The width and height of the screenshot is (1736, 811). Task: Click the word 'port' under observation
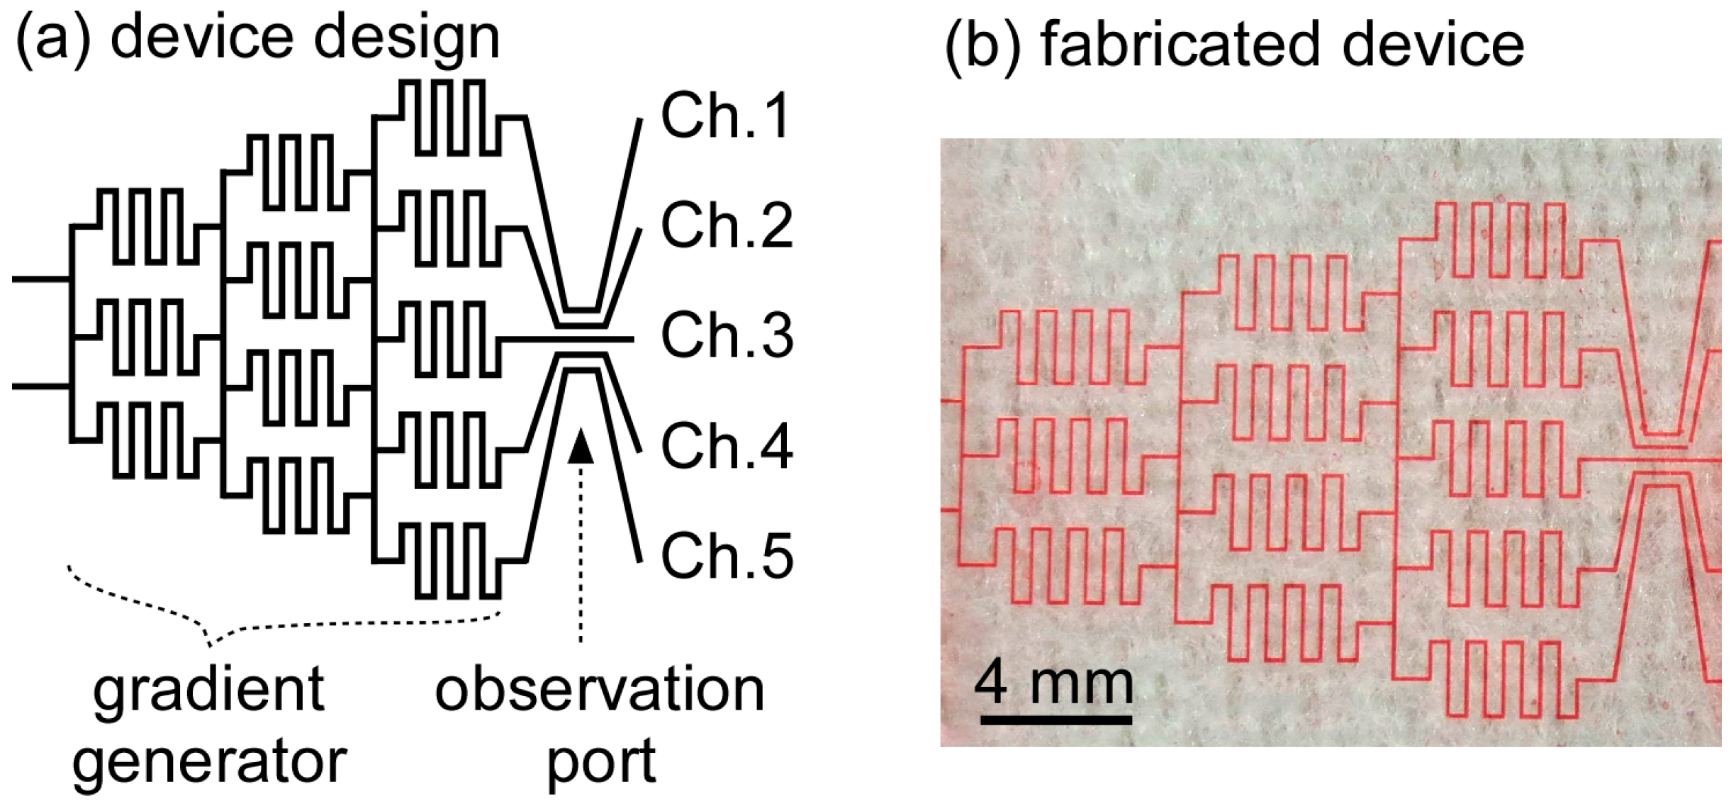pos(601,763)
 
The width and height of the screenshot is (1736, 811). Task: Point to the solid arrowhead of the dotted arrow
pos(581,447)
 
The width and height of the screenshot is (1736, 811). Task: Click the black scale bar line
pos(1056,720)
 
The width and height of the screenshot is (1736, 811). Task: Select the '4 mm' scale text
pos(1053,682)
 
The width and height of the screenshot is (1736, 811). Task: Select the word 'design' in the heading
pos(407,38)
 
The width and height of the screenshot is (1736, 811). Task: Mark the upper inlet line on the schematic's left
pos(40,279)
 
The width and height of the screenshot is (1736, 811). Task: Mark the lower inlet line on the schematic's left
pos(40,387)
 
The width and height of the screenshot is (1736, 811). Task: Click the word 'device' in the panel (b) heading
pos(1433,44)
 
